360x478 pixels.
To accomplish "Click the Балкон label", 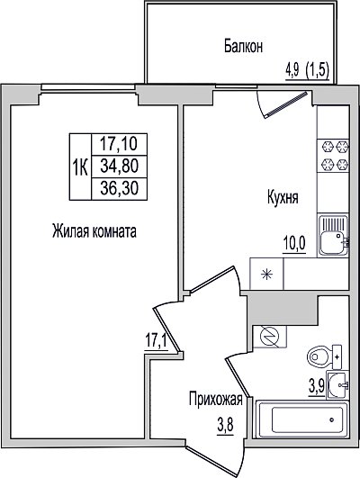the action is [x=243, y=47].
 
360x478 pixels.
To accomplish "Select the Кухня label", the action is [x=283, y=197].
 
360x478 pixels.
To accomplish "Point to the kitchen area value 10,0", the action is [x=294, y=244].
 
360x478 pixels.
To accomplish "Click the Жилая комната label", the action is [x=94, y=231].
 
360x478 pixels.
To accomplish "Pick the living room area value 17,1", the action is [x=156, y=342].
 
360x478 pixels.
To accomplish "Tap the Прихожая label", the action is [x=215, y=399].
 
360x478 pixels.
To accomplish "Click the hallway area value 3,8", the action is [x=225, y=425].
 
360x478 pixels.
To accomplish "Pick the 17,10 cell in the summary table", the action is [x=119, y=144].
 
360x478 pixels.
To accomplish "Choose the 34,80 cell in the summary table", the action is [x=119, y=167].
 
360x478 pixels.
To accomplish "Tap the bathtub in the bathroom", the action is [x=302, y=419].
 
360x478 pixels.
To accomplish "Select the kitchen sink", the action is [x=333, y=235].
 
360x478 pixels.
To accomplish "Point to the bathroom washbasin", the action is [x=337, y=384].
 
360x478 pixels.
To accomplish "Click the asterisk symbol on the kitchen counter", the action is [x=266, y=274].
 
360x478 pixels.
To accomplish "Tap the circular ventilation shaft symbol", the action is [x=269, y=337].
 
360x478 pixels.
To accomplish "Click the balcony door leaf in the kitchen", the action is [x=286, y=104].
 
